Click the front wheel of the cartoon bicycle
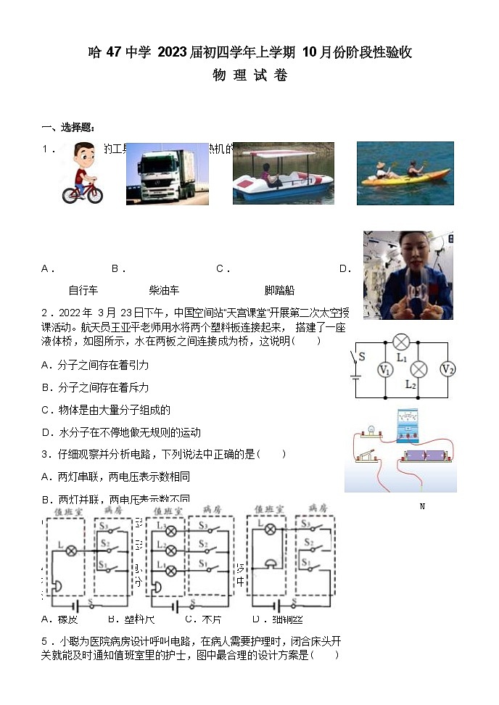pos(93,194)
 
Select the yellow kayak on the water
pos(403,181)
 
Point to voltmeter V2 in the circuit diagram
pos(448,369)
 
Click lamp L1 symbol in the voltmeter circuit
pos(401,343)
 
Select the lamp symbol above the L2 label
pos(418,369)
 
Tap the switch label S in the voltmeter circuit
pos(362,357)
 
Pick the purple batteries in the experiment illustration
pos(426,457)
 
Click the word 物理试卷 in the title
pos(249,75)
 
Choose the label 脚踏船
pos(280,290)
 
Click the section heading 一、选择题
pos(68,128)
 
